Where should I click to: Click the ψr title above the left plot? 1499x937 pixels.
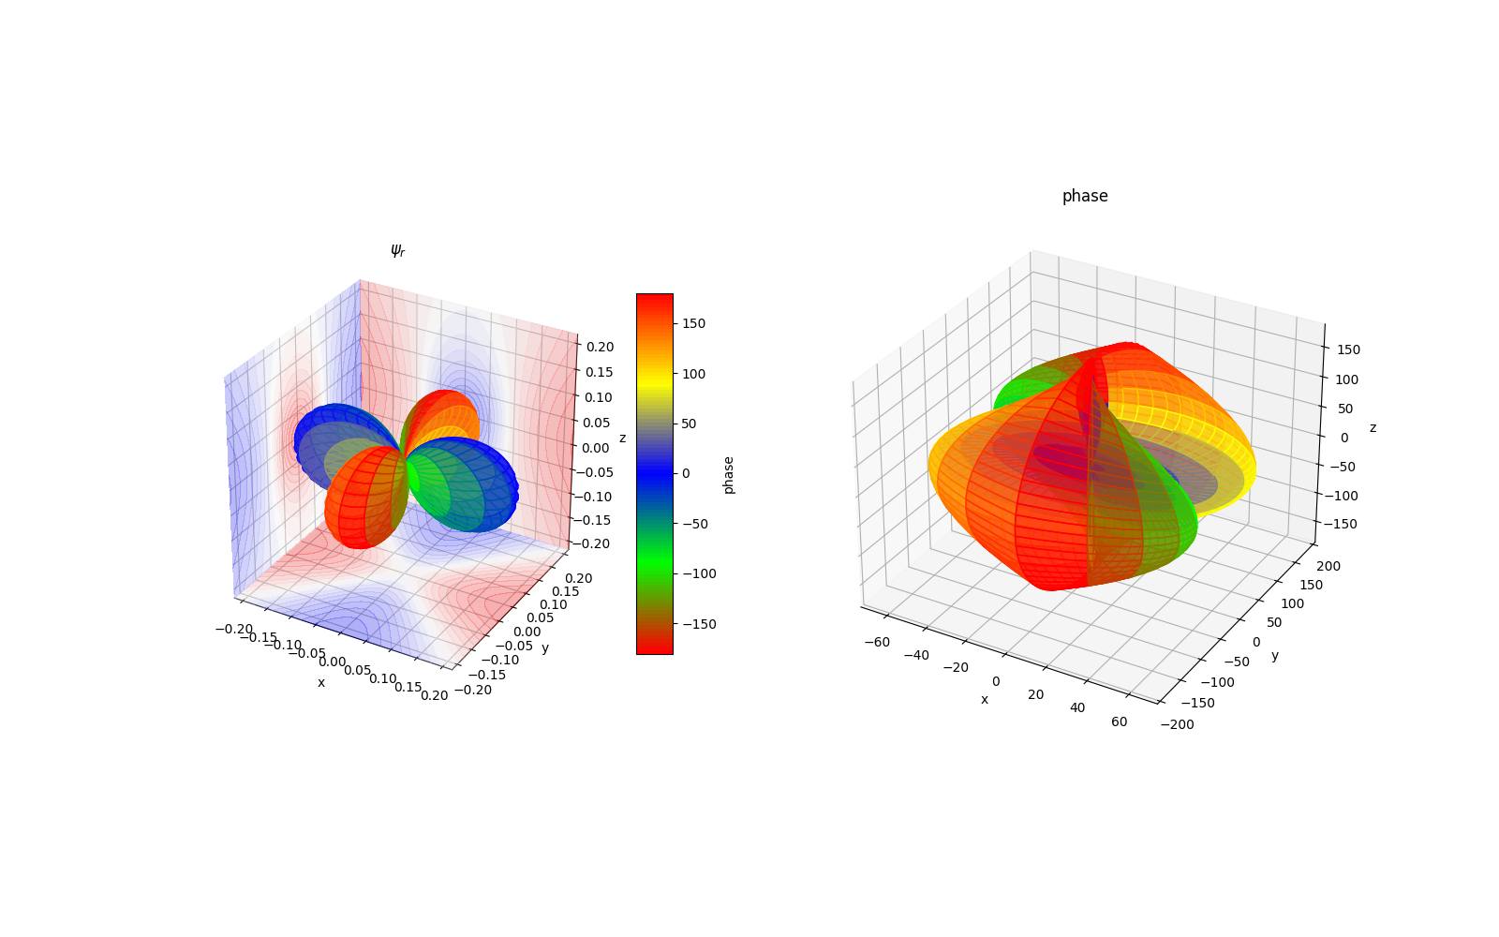[397, 251]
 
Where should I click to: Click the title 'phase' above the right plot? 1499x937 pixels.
[1085, 196]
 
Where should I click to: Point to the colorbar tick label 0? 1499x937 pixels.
[686, 473]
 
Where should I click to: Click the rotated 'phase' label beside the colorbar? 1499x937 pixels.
[729, 475]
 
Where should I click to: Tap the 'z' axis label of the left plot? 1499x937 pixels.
[622, 438]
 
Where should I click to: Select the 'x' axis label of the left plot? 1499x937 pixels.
[321, 682]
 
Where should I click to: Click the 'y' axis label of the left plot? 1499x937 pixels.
[545, 647]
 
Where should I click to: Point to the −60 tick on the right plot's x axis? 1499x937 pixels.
[877, 642]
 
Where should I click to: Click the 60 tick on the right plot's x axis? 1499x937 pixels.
[1119, 721]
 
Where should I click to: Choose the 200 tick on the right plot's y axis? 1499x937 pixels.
[1328, 566]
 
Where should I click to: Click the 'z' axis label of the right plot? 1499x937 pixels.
[1373, 427]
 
